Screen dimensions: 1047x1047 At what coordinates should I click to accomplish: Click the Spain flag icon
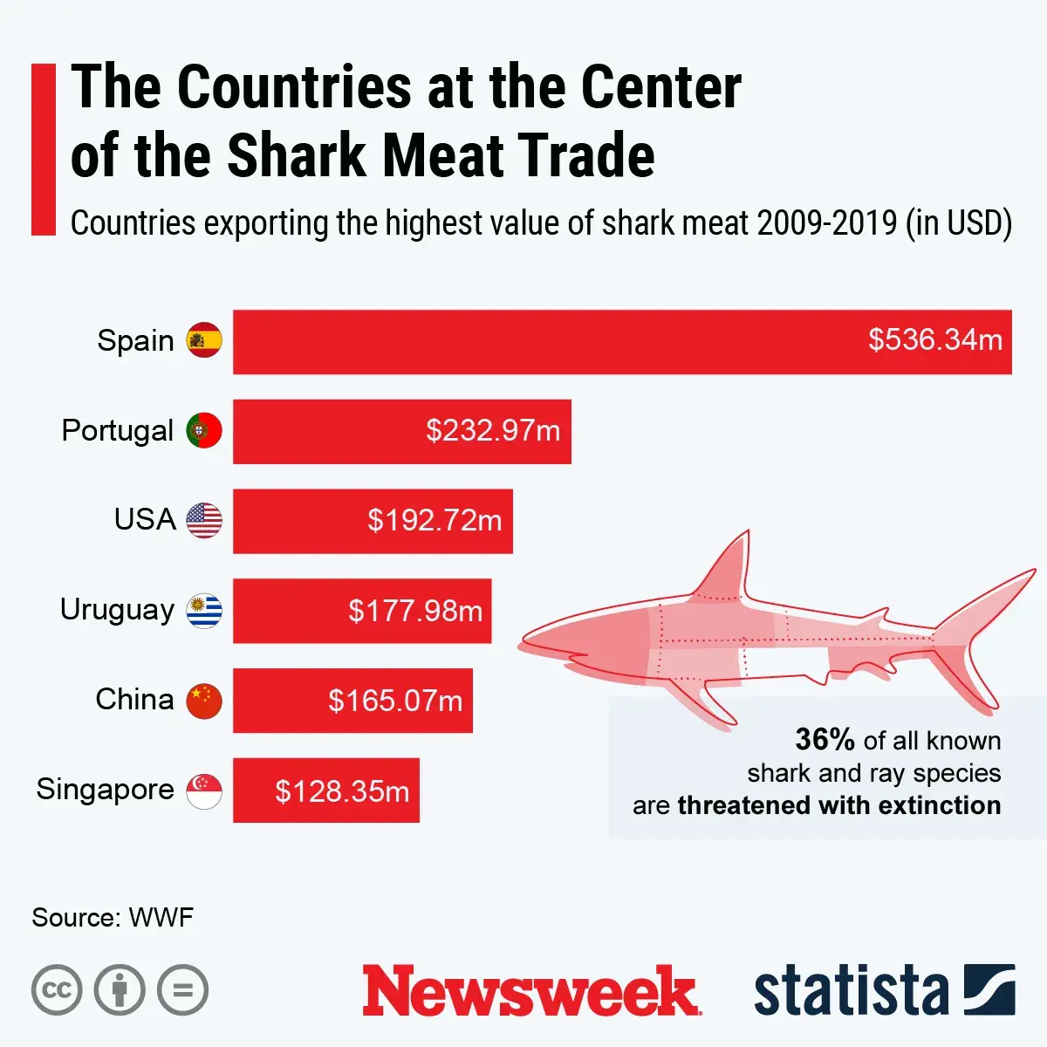tap(204, 340)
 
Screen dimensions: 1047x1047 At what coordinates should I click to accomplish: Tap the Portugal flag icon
tap(204, 431)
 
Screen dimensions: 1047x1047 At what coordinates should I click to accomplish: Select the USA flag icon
tap(204, 521)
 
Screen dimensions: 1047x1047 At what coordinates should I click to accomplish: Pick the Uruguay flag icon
tap(204, 611)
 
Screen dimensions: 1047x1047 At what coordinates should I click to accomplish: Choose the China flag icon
tap(204, 701)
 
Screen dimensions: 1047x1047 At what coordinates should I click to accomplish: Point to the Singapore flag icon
tap(204, 790)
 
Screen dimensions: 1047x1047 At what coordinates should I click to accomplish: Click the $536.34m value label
tap(934, 340)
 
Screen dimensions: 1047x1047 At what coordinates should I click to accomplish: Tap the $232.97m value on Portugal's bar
tap(493, 431)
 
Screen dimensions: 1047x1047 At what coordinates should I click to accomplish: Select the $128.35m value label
tap(342, 791)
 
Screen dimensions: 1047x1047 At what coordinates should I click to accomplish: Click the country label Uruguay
tap(117, 610)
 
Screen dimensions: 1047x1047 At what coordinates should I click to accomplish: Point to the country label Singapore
tap(105, 790)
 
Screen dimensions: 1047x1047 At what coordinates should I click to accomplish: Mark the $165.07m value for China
tap(395, 701)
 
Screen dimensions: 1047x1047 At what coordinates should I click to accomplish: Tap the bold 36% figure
tap(825, 740)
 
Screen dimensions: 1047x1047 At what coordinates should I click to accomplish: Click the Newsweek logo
tap(530, 991)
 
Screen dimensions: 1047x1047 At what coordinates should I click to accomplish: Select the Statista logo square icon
tap(989, 989)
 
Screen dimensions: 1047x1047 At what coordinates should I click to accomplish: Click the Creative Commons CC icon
tap(57, 990)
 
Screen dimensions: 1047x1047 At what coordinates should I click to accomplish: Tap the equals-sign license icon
tap(182, 990)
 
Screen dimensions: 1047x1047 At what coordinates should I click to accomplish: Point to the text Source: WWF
tap(113, 918)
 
